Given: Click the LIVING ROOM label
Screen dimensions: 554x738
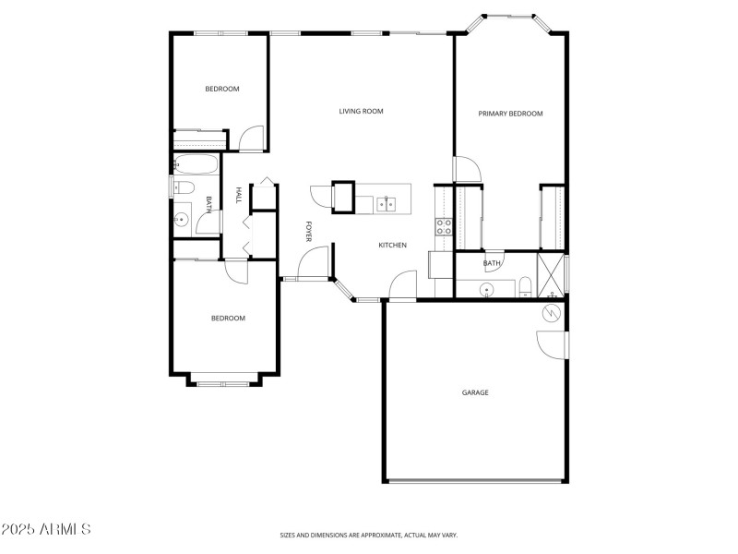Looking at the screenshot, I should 361,112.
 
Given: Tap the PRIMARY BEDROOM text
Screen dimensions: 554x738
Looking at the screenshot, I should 510,114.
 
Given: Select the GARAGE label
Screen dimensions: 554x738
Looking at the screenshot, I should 475,392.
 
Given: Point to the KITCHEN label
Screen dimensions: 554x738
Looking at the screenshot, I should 392,245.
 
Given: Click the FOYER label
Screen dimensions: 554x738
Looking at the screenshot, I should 309,232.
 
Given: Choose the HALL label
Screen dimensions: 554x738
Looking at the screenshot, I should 239,195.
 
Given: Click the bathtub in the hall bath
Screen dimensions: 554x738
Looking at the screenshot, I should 196,165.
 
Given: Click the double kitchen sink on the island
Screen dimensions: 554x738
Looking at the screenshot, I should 386,202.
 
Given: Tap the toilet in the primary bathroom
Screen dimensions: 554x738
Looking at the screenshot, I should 523,285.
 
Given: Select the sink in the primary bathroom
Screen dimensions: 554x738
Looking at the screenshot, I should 486,290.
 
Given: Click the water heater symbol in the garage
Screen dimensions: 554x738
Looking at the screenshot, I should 551,313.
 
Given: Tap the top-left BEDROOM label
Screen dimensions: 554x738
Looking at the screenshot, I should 222,90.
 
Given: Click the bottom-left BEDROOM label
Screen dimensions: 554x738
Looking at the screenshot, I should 228,319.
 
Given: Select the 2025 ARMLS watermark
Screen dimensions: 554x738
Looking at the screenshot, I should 46,530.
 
